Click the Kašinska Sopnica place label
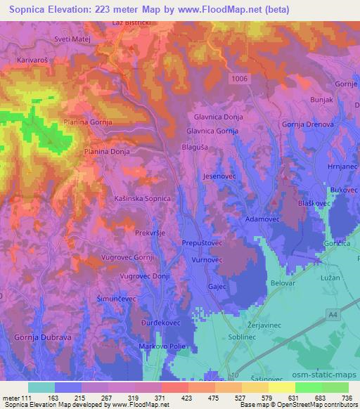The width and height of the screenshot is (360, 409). coord(143,199)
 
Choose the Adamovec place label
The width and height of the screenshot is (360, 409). coord(262,219)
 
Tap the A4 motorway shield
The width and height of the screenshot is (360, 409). coord(332,318)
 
